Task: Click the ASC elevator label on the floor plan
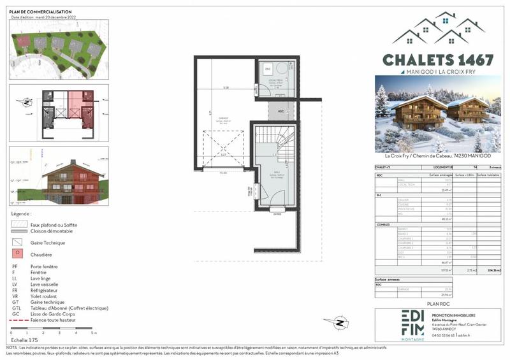pos(280,111)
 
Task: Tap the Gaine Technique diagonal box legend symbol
pos(17,243)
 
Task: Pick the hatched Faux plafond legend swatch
pos(17,224)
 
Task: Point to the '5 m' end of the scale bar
pos(94,333)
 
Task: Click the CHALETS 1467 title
pos(437,60)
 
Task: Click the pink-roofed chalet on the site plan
pos(25,41)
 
